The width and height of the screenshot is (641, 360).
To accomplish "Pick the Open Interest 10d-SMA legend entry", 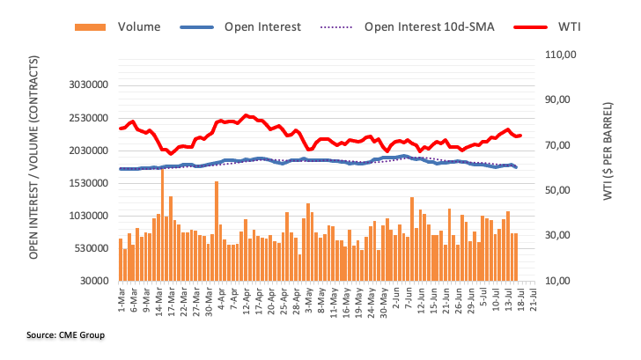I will tap(430, 26).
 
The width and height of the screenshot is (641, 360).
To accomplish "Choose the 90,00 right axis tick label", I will tap(559, 100).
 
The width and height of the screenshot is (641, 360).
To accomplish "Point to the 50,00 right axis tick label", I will tap(559, 191).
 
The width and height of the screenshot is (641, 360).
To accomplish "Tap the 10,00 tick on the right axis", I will tap(559, 282).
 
